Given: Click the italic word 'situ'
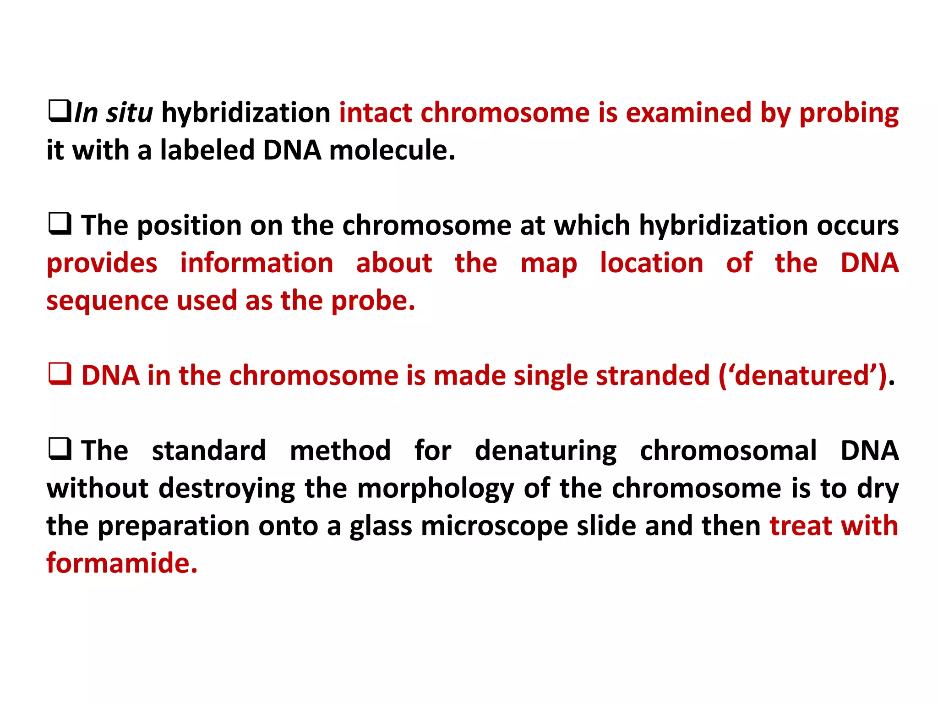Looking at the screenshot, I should point(129,113).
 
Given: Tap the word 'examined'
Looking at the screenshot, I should point(688,113).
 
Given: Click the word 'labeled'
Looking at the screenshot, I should point(207,150).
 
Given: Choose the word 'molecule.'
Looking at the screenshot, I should point(392,150).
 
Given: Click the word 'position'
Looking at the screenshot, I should point(189,226).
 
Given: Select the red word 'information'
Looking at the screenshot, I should point(256,264).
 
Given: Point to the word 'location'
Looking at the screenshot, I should point(651,264).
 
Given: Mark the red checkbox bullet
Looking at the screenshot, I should point(60,374).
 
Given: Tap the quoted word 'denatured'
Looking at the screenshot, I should point(803,376).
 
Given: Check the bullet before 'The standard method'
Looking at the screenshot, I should point(60,449).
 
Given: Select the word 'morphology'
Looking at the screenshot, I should point(436,489).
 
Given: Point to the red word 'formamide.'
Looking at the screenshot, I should point(122,563).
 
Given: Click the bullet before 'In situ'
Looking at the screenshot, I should point(60,111).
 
